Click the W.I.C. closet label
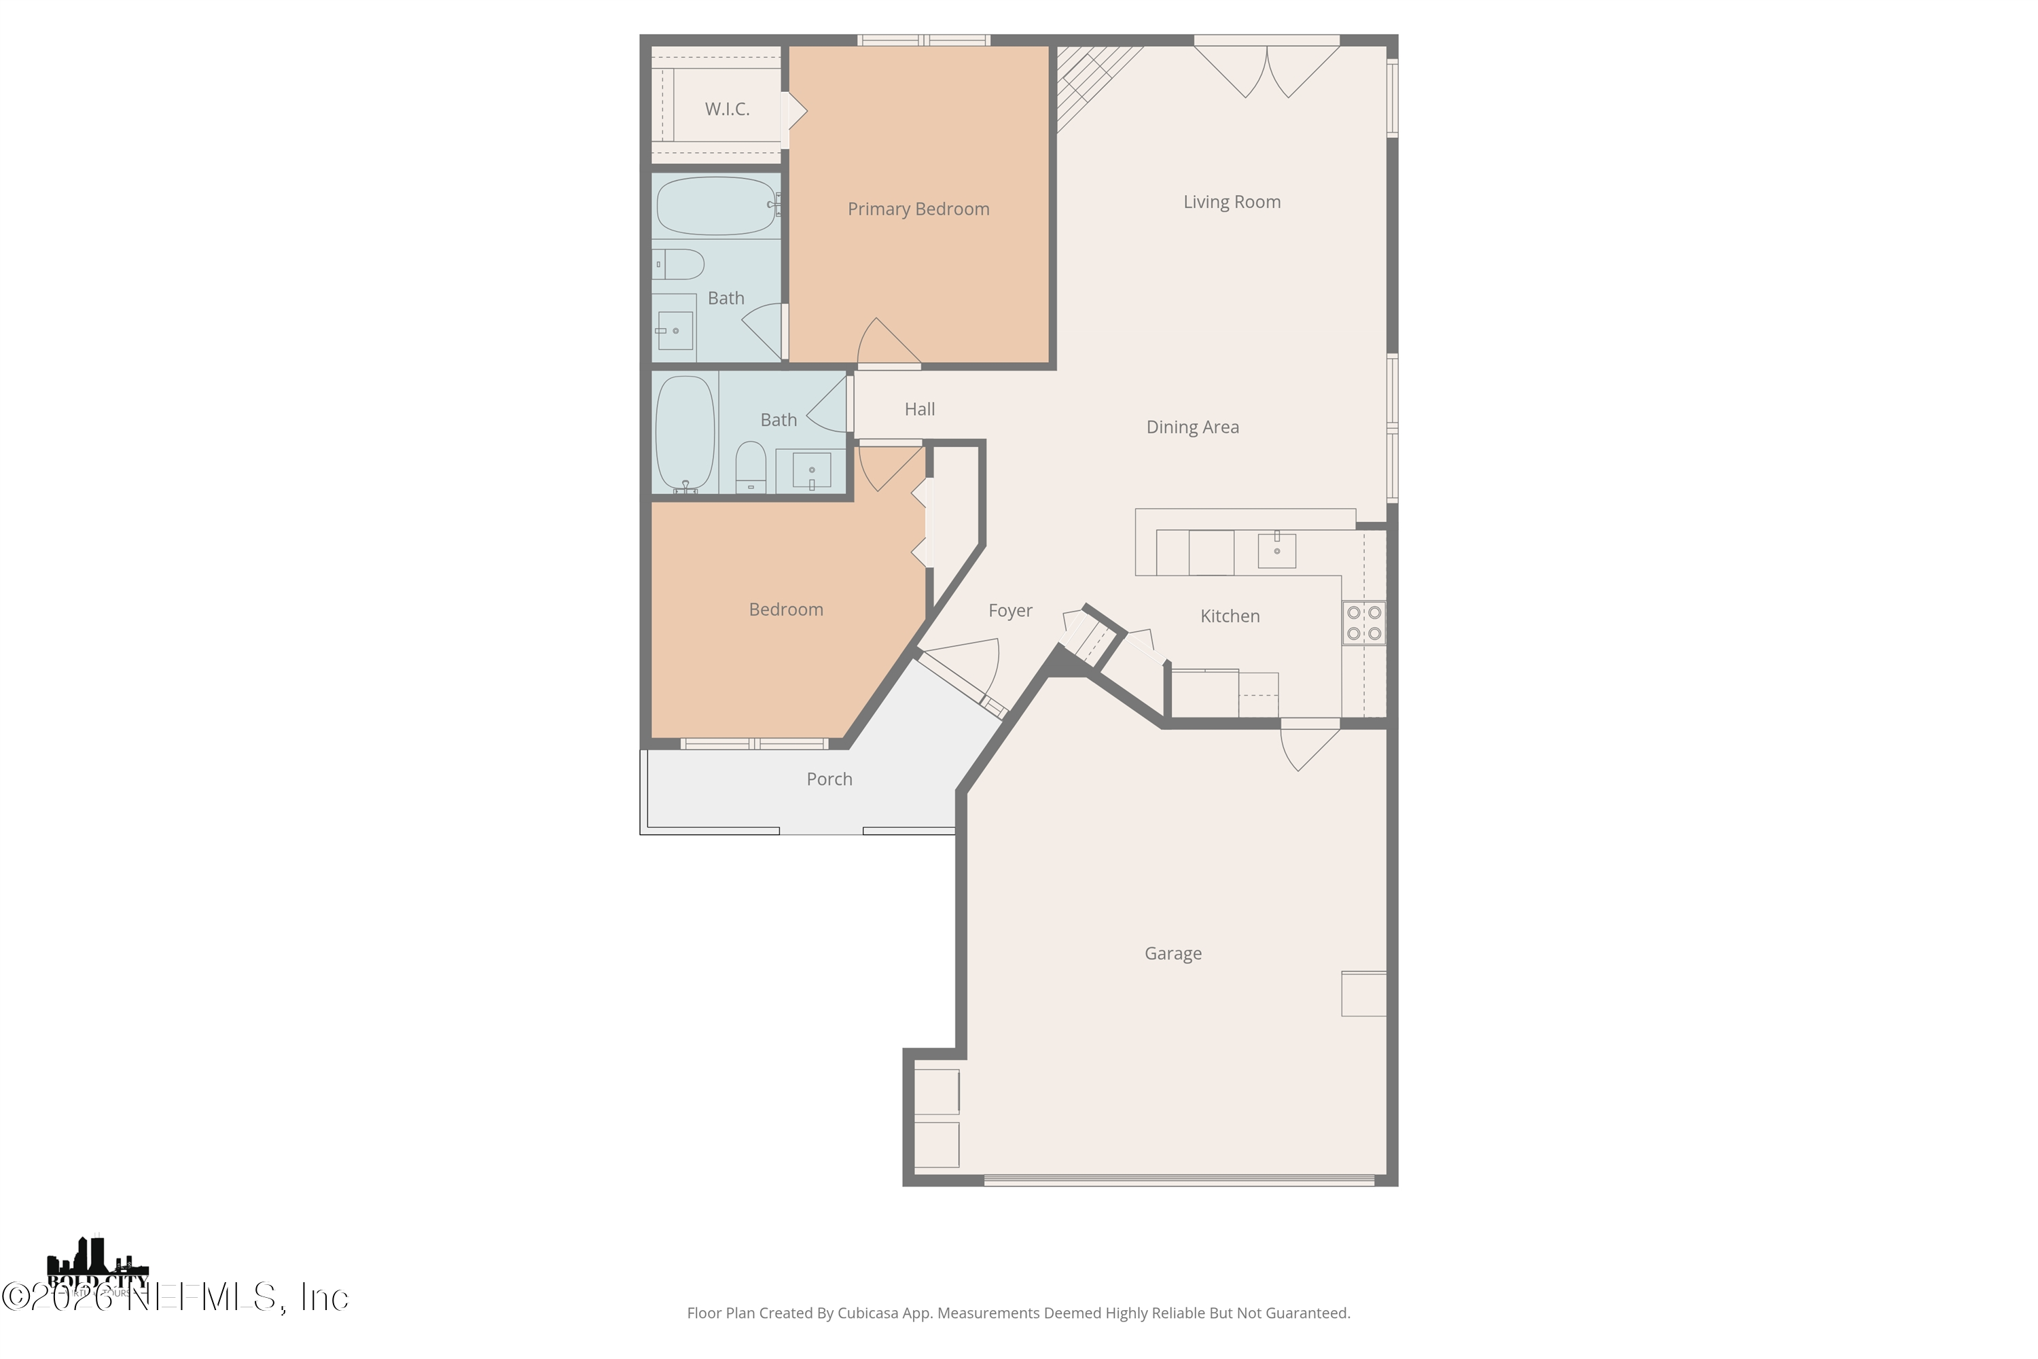tap(726, 109)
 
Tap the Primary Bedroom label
tap(918, 209)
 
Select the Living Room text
tap(1231, 202)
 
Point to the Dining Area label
tap(1192, 427)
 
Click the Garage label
tap(1173, 953)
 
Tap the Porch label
tap(829, 779)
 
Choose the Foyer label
tap(1010, 611)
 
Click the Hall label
tap(919, 409)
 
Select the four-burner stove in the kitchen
tap(1363, 623)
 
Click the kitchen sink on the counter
tap(1276, 550)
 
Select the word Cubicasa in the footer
tap(868, 1313)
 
